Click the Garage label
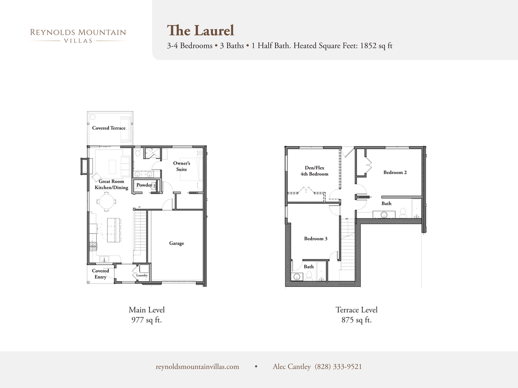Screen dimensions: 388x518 [176, 243]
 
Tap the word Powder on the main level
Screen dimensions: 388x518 [144, 185]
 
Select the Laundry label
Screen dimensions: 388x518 [142, 275]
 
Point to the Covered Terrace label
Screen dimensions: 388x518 [109, 128]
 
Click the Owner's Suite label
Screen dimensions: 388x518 [182, 166]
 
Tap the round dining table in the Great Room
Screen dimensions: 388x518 [107, 202]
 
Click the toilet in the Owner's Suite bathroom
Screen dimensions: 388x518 [138, 152]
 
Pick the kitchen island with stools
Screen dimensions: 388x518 [114, 230]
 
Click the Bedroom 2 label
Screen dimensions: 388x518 [395, 173]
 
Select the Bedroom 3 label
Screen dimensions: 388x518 [316, 239]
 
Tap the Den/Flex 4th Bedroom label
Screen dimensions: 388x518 [314, 171]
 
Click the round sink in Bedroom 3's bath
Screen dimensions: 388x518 [296, 276]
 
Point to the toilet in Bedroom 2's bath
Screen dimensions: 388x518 [403, 213]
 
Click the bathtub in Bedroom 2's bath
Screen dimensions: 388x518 [417, 209]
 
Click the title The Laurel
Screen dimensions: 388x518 [201, 31]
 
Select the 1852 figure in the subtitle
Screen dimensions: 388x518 [368, 46]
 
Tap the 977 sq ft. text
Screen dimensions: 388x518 [147, 320]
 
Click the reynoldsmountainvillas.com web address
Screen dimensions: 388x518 [197, 367]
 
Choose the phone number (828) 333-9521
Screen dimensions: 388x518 [338, 367]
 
